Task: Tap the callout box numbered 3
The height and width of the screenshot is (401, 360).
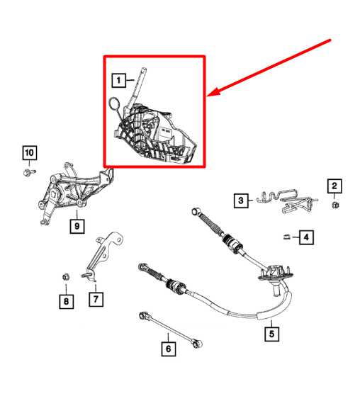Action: click(x=242, y=201)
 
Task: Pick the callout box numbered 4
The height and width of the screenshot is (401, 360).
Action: click(x=306, y=237)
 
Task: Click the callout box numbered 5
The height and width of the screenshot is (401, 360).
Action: click(x=270, y=330)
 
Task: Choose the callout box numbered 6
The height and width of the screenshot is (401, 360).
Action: click(x=168, y=348)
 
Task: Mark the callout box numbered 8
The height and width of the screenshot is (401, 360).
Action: click(x=64, y=302)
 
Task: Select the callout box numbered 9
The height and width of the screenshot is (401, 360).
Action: click(x=77, y=226)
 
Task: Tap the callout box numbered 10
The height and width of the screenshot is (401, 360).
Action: click(x=28, y=152)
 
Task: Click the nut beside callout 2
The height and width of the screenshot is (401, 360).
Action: click(x=334, y=205)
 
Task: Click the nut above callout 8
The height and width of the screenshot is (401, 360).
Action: click(x=64, y=276)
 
